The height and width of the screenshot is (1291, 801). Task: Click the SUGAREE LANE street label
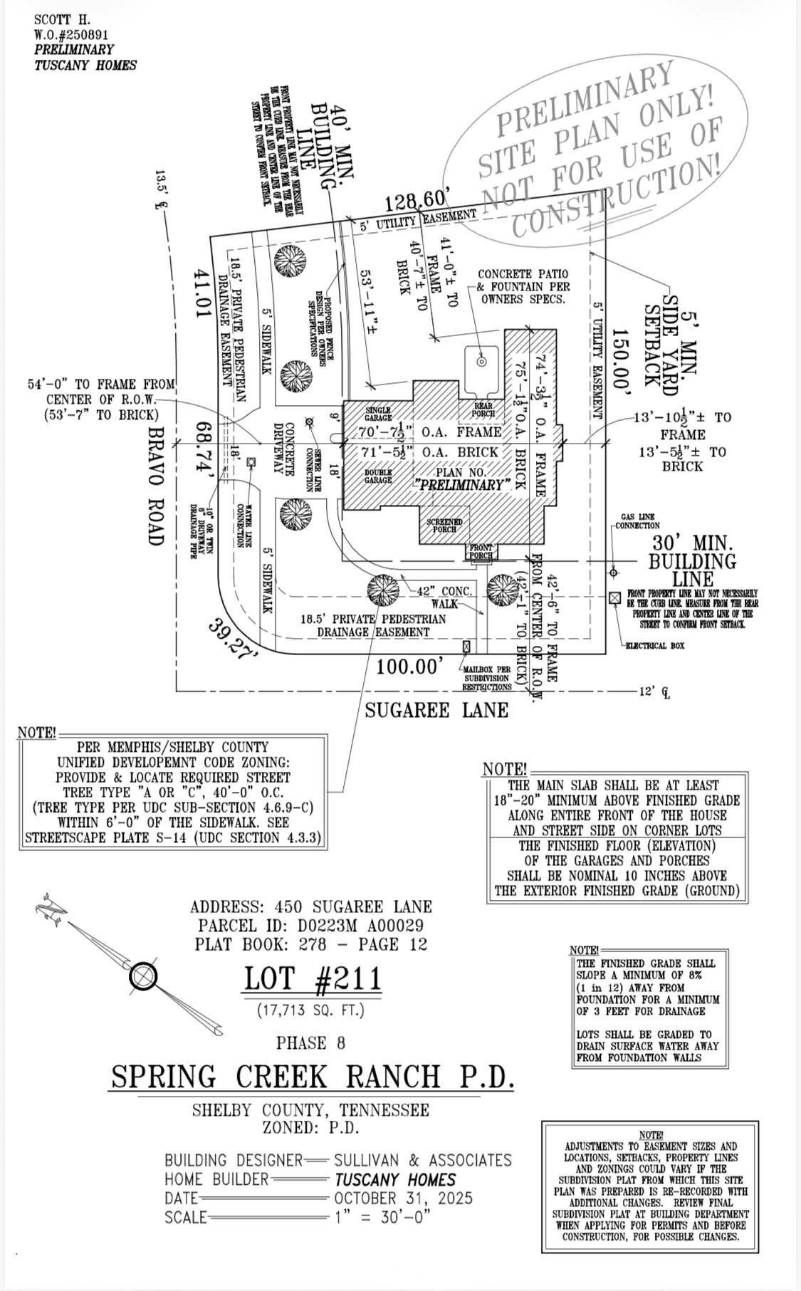(x=436, y=710)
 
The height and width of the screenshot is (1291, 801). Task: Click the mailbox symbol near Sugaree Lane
(x=466, y=647)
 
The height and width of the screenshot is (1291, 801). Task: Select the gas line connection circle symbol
(x=614, y=573)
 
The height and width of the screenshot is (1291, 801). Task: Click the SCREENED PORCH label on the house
(x=444, y=526)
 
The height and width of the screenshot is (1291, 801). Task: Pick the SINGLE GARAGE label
(x=378, y=414)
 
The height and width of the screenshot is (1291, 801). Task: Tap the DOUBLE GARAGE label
(x=378, y=476)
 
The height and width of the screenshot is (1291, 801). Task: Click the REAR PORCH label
(x=483, y=409)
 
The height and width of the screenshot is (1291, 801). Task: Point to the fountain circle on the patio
(x=481, y=362)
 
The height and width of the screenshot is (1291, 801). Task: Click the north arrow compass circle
(x=143, y=976)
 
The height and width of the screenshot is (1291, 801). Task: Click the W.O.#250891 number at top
(x=71, y=35)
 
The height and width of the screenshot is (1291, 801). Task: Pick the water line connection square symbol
(x=251, y=461)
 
